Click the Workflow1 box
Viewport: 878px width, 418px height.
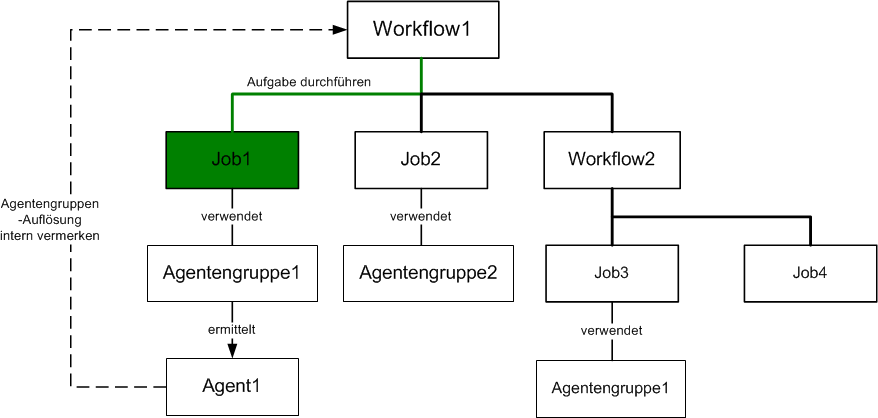[x=423, y=29]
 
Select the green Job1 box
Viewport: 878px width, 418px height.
[x=232, y=160]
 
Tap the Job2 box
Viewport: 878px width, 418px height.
[x=421, y=160]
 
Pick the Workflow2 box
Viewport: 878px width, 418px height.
[x=612, y=160]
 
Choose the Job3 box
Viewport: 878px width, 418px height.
[x=612, y=273]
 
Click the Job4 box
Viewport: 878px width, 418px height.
[x=810, y=273]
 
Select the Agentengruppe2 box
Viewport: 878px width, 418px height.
[x=428, y=273]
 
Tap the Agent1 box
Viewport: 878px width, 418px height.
[x=232, y=387]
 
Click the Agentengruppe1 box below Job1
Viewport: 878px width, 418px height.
[x=232, y=273]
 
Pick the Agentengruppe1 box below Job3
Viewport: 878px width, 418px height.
[x=610, y=388]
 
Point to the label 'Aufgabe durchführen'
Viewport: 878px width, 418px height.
[x=309, y=82]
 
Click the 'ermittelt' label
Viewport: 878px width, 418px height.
[x=232, y=330]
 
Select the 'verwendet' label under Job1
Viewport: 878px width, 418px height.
[x=232, y=216]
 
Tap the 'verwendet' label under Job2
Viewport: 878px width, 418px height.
[x=421, y=216]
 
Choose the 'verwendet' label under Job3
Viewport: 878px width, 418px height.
[x=611, y=331]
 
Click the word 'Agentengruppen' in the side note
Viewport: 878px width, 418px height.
[x=50, y=206]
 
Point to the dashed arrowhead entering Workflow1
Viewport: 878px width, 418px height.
[x=340, y=29]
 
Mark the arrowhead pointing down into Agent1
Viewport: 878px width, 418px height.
[x=232, y=350]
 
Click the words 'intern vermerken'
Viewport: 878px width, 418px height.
[x=50, y=236]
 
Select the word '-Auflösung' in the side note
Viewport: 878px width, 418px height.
[x=50, y=221]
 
